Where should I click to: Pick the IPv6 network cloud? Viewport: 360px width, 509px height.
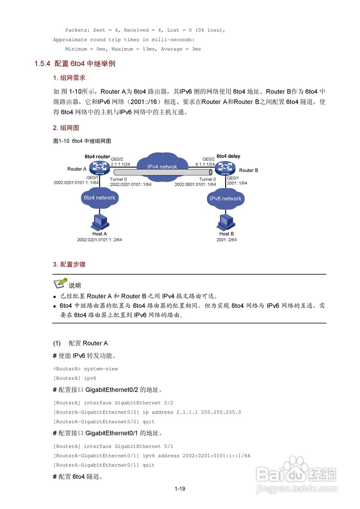point(226,198)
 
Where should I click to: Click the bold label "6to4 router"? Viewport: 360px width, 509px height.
point(97,157)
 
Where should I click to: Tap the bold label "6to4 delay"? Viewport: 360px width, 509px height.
point(228,156)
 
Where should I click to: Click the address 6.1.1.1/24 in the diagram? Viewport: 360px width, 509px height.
point(205,164)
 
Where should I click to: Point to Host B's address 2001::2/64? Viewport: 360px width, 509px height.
point(226,240)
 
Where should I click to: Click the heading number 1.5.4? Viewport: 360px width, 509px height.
point(42,64)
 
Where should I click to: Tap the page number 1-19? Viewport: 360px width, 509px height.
point(180,489)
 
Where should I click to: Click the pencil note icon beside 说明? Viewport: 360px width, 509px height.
point(60,283)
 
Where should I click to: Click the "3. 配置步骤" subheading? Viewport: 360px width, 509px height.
point(69,264)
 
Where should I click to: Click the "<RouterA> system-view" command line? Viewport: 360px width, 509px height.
point(86,369)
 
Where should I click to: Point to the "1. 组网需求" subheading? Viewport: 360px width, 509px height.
point(69,78)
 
